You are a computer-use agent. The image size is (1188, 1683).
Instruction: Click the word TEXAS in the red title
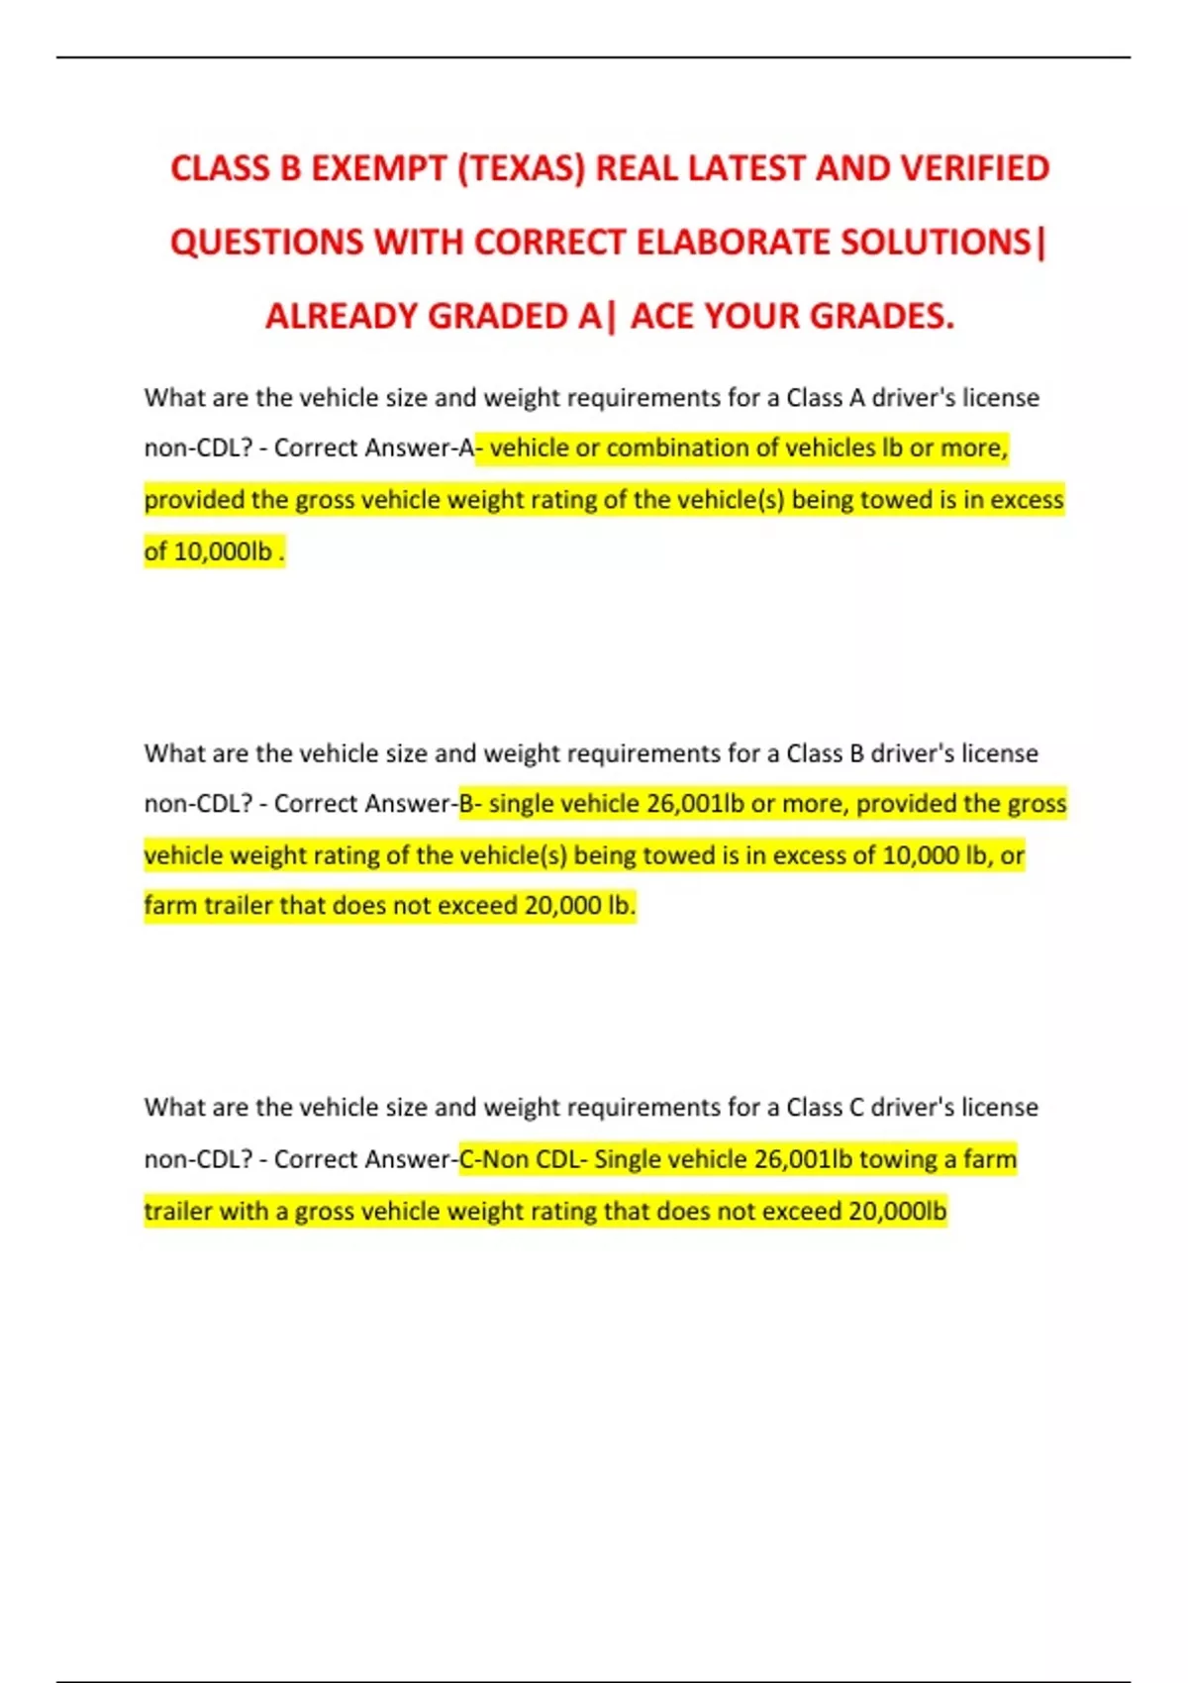[x=521, y=168]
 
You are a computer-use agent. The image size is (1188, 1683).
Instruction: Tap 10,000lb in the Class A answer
[x=222, y=551]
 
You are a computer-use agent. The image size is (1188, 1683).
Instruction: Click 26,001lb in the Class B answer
[x=695, y=804]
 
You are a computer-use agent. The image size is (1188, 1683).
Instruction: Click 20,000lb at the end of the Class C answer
[x=897, y=1212]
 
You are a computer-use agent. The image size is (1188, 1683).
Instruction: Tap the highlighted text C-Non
[x=493, y=1159]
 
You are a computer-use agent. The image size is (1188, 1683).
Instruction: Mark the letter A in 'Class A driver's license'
[x=856, y=398]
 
